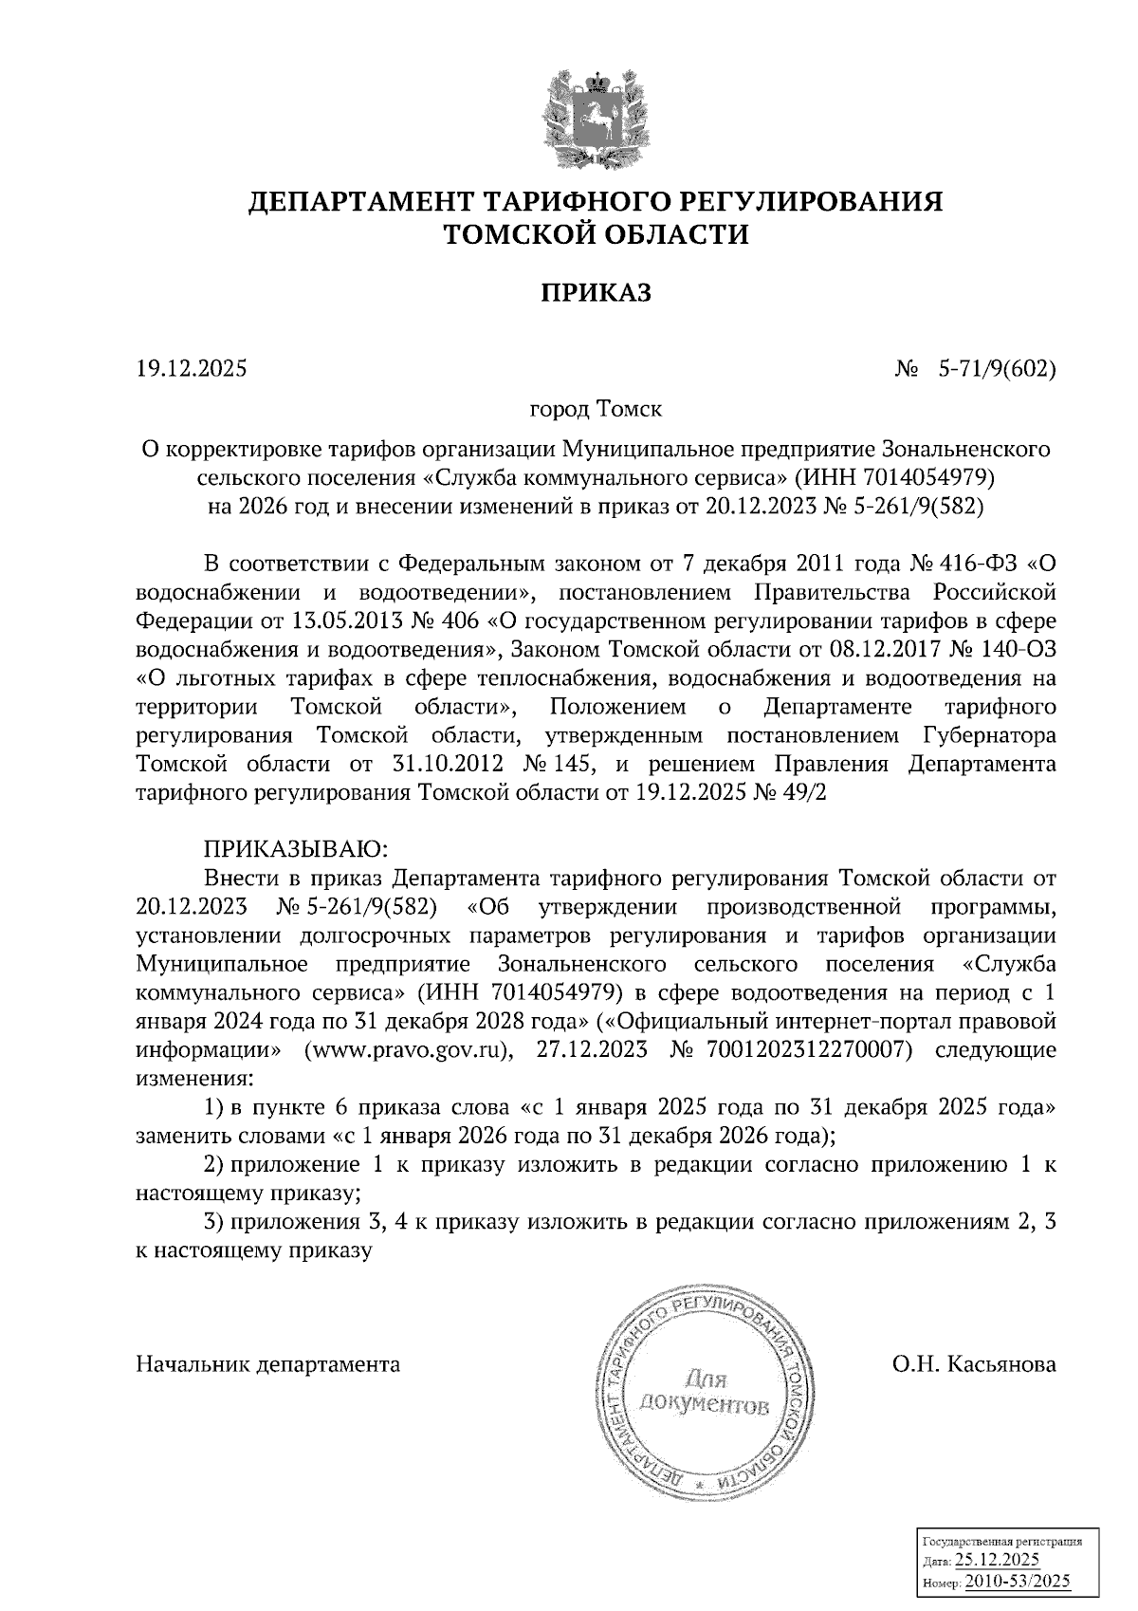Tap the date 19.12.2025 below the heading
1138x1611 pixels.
pyautogui.click(x=192, y=368)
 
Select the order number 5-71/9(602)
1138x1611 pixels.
pyautogui.click(x=997, y=368)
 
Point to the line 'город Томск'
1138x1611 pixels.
pyautogui.click(x=596, y=410)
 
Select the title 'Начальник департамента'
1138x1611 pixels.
pyautogui.click(x=268, y=1364)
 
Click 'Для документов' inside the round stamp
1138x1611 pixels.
pyautogui.click(x=706, y=1392)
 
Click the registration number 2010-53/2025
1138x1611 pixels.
pyautogui.click(x=1012, y=1581)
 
